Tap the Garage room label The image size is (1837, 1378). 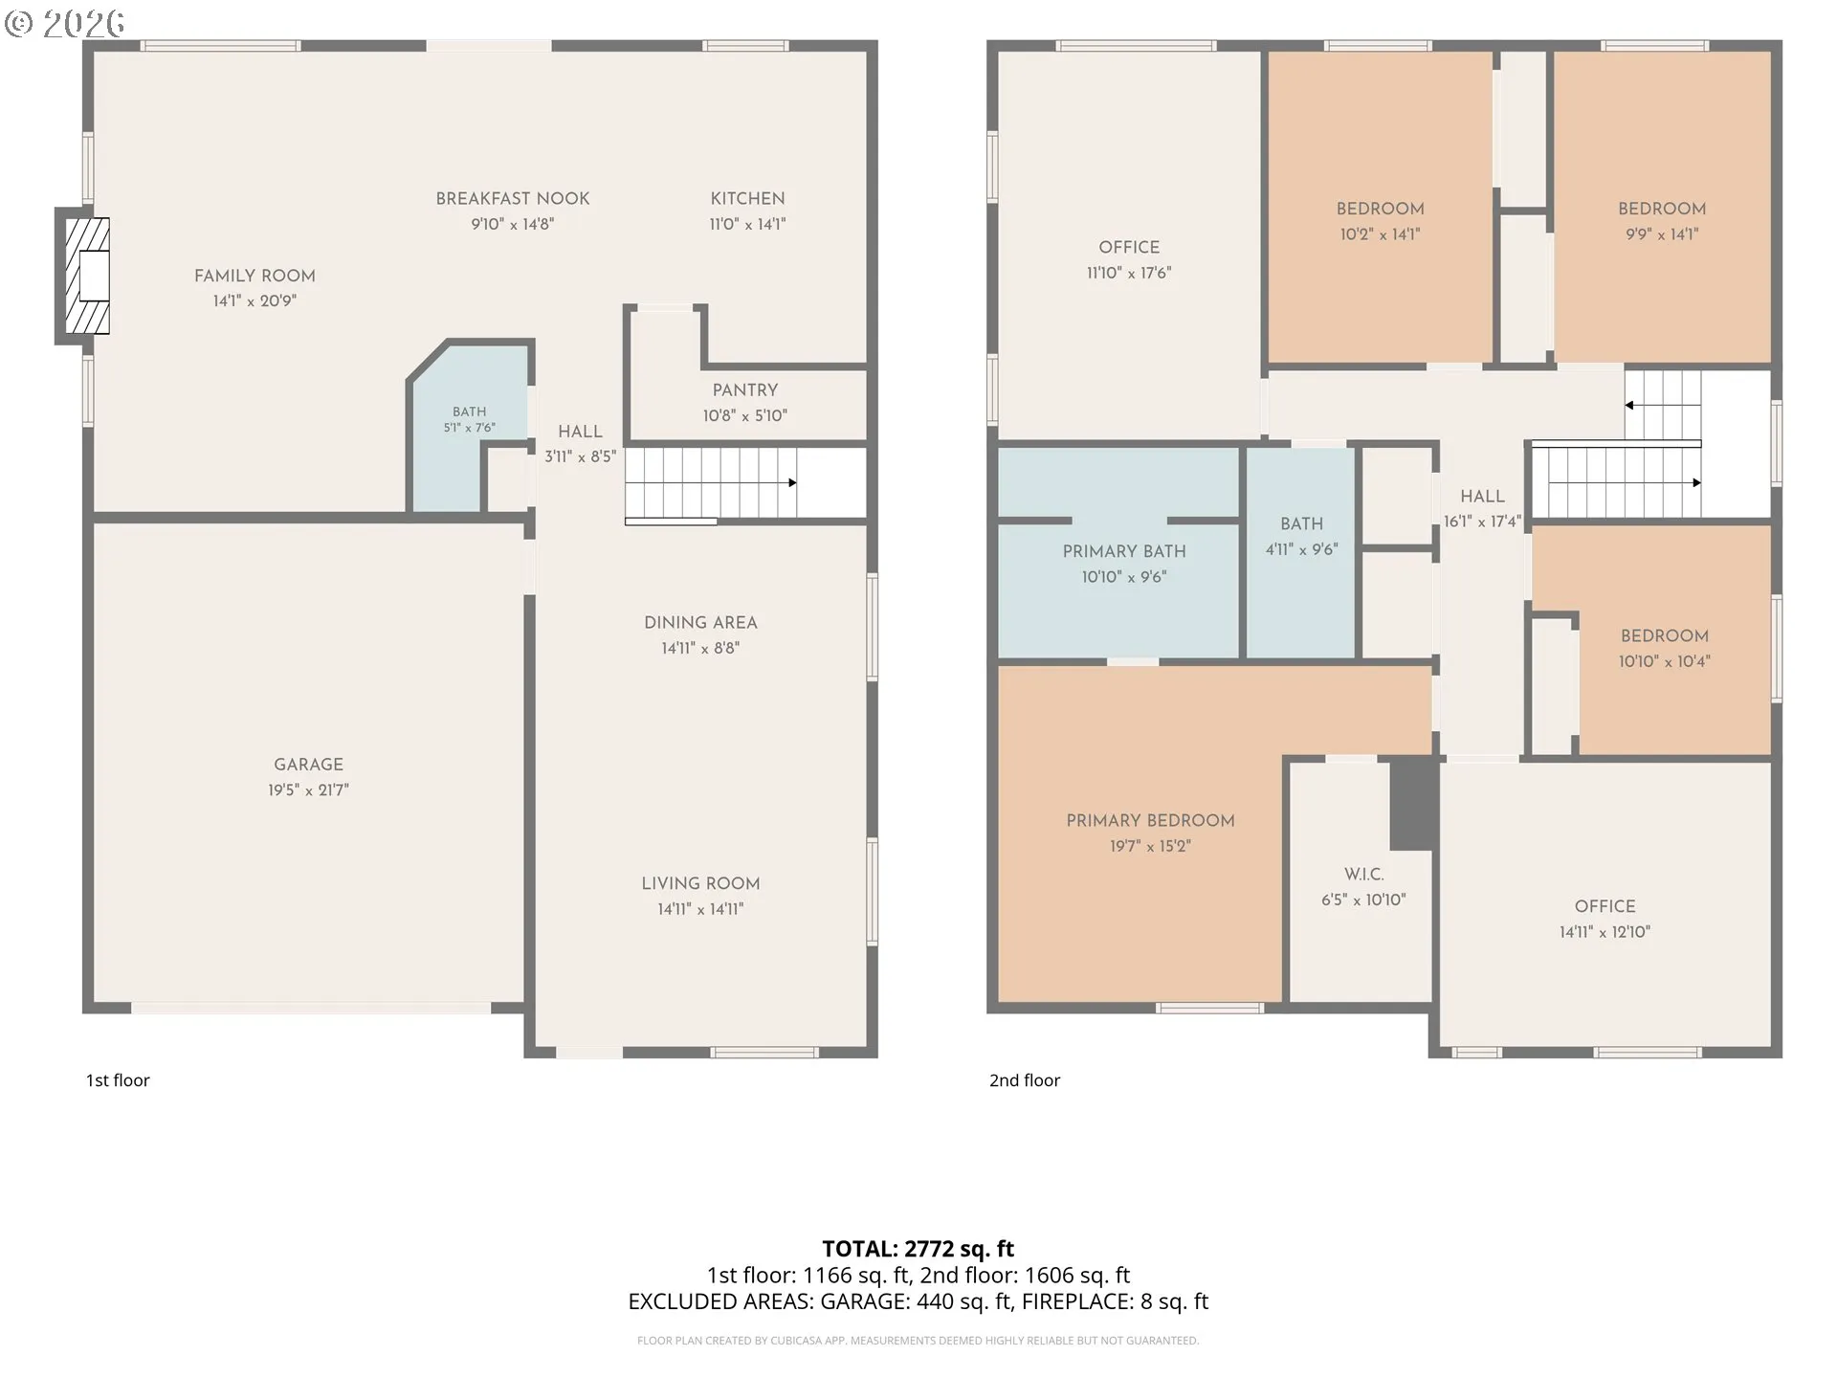308,765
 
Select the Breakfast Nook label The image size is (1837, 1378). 513,199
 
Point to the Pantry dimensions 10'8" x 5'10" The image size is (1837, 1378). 745,415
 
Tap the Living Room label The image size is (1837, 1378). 700,884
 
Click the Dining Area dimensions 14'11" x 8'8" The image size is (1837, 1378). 700,648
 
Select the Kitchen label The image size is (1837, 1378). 747,199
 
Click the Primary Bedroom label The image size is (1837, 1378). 1150,821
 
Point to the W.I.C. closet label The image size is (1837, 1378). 1363,875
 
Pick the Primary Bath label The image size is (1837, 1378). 1124,551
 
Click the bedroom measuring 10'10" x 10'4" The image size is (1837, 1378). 1665,647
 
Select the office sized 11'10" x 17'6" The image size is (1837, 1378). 1129,247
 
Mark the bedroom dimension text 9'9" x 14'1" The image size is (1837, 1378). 1662,233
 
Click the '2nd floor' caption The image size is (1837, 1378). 1025,1080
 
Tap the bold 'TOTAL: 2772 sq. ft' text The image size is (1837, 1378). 918,1249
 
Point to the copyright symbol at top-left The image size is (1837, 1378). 19,23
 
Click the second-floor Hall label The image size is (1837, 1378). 1482,497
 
